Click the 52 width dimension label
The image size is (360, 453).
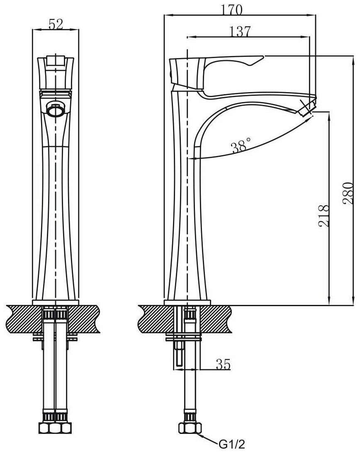tap(56, 24)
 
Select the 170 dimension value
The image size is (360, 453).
tap(232, 10)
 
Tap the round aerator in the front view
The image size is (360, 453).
tap(55, 110)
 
